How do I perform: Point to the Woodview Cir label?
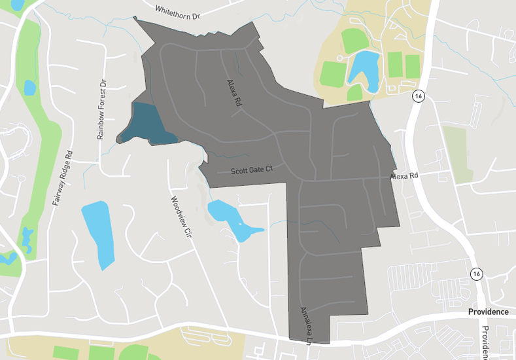(x=180, y=215)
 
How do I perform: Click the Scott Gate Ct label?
(x=251, y=171)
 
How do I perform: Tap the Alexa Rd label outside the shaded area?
(x=404, y=177)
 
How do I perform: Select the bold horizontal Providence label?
(x=488, y=312)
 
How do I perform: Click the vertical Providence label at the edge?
(x=485, y=342)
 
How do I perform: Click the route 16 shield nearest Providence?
(x=476, y=273)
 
